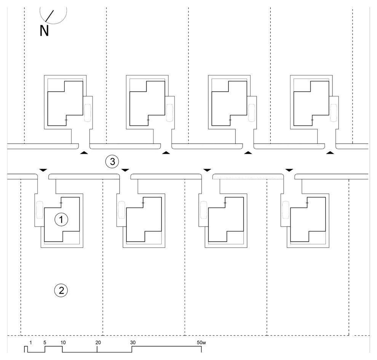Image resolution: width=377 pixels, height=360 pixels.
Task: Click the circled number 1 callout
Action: (61, 219)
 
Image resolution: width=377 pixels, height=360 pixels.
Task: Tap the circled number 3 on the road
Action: (112, 161)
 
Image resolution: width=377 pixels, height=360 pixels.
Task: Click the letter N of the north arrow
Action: (44, 31)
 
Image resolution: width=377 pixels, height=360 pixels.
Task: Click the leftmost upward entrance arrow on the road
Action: (84, 153)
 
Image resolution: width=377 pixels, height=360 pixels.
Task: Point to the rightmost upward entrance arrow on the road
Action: (330, 153)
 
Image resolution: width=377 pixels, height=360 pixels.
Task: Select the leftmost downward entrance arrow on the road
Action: (43, 169)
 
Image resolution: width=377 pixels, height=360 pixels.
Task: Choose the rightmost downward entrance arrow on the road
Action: (289, 169)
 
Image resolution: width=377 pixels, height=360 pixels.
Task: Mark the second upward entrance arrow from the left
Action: (166, 153)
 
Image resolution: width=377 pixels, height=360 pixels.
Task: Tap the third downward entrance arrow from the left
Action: (207, 169)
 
